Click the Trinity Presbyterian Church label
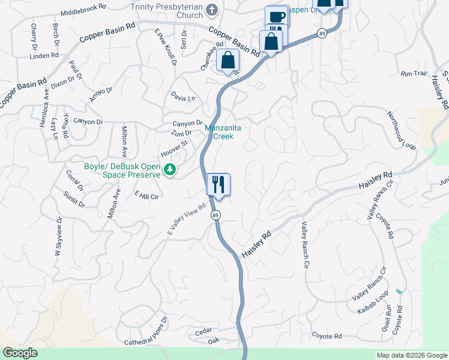coord(167,10)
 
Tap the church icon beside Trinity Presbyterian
coord(211,10)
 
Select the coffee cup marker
coord(277,17)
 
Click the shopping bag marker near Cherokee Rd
coord(228,61)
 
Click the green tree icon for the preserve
coord(170,170)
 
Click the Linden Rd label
coord(44,56)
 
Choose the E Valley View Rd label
coord(187,219)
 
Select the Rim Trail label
coord(414,74)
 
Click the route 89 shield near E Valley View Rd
coord(214,215)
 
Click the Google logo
coord(20,353)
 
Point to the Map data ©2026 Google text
coord(411,355)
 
